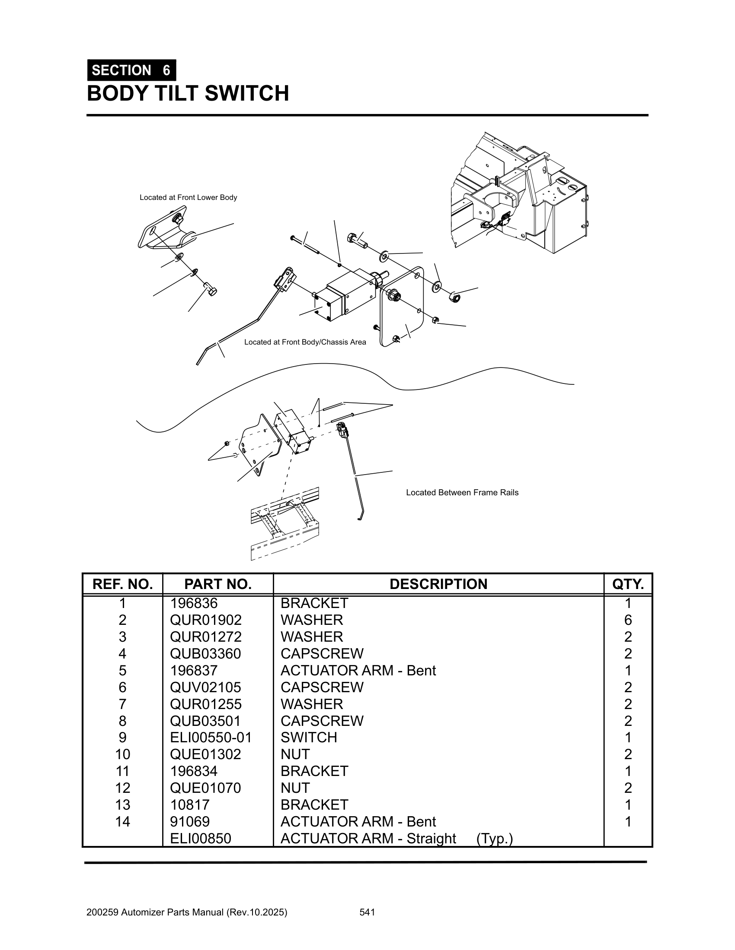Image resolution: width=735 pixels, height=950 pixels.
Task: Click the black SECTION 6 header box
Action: point(131,70)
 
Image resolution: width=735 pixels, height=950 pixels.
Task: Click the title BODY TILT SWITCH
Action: point(188,94)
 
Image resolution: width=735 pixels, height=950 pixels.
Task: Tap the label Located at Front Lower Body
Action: point(188,197)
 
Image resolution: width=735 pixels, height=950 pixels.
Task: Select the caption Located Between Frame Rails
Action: point(462,492)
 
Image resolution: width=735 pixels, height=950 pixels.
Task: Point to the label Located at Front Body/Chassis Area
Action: point(305,342)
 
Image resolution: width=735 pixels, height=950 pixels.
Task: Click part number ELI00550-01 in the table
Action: point(211,737)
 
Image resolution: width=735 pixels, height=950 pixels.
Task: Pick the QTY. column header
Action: point(627,584)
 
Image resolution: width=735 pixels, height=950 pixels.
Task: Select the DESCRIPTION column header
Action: point(438,584)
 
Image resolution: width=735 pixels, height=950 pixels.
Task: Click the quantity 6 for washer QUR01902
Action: point(628,620)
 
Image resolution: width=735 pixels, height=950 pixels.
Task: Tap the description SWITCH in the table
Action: point(309,737)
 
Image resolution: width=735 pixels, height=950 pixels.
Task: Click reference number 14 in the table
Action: point(122,821)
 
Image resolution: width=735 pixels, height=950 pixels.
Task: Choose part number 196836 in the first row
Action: point(194,603)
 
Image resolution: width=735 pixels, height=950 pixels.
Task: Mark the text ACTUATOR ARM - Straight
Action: point(368,838)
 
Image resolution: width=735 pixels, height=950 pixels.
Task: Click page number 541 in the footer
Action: point(367,912)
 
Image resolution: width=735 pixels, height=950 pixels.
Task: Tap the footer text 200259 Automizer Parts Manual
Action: point(187,912)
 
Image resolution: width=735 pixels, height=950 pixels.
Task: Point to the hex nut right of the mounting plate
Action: point(454,297)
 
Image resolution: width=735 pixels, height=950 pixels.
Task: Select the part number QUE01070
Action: point(205,788)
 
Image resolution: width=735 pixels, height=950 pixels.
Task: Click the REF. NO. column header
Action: point(122,584)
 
